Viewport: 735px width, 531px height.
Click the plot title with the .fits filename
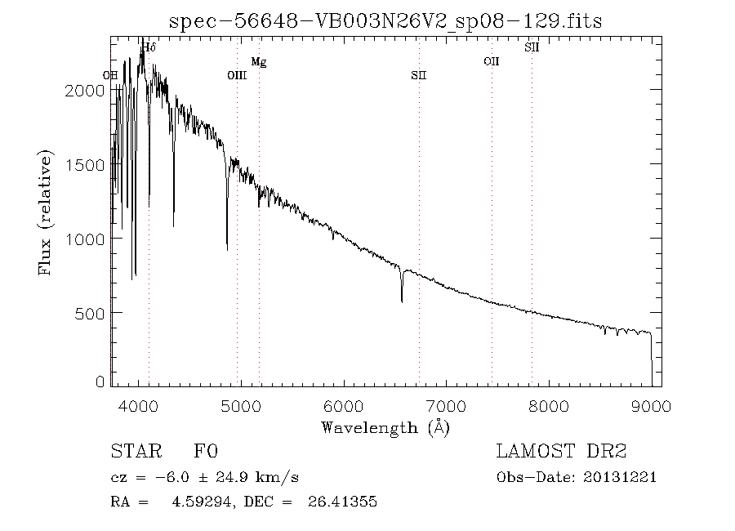pos(385,20)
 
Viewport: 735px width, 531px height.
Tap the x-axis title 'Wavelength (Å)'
pos(385,426)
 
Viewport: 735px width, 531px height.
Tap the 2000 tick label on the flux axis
pos(84,91)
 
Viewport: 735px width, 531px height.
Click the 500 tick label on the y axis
pos(90,313)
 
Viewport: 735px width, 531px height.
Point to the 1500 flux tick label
pos(84,165)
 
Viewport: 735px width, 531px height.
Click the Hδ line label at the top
pos(149,48)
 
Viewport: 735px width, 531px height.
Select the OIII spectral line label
pos(237,76)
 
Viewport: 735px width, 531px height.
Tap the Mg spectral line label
pos(258,62)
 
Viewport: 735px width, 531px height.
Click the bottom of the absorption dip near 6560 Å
pos(402,301)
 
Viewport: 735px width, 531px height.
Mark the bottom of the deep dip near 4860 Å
pos(227,248)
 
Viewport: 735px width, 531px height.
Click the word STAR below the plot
pos(131,452)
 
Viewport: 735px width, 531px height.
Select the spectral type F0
pos(205,452)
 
